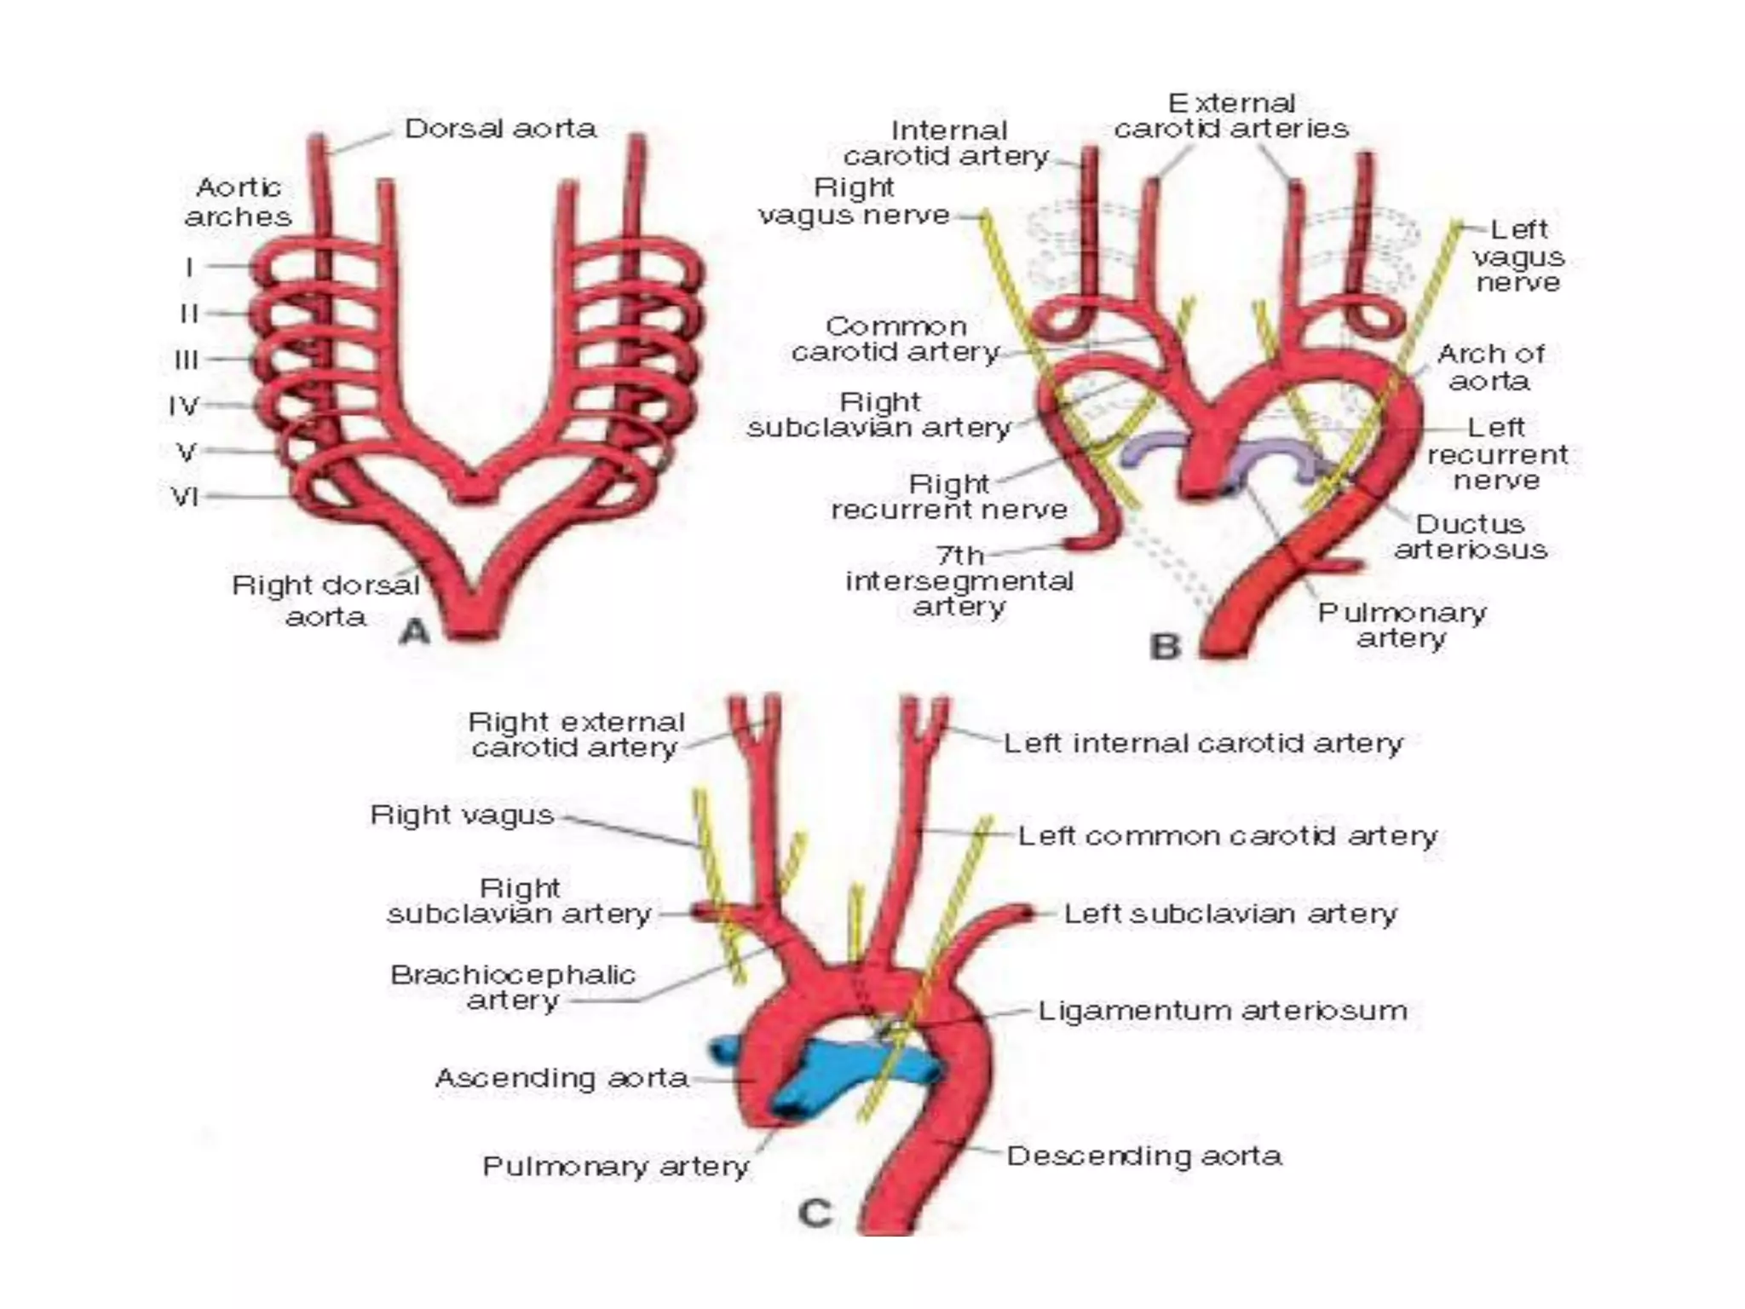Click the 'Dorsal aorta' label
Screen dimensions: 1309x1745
pos(500,129)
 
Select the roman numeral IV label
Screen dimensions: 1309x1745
pos(184,406)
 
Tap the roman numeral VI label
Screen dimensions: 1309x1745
pos(186,495)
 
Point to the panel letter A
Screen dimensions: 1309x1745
pos(415,631)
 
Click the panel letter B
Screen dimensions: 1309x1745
pos(1165,646)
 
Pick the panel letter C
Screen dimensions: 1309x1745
pos(815,1212)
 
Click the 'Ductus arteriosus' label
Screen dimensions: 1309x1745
pos(1470,536)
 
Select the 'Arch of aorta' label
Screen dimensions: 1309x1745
pos(1490,366)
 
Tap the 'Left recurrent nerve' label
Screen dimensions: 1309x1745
pos(1497,453)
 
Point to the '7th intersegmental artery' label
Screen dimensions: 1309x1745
pos(959,580)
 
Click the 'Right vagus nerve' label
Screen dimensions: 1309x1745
pos(854,201)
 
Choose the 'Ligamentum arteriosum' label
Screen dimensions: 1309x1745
pos(1222,1011)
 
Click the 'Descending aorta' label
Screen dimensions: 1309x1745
pos(1143,1156)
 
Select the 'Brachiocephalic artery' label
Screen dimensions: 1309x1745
pos(513,987)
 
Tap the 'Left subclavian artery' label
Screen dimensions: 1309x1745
pos(1230,914)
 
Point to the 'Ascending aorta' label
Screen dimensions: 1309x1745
pos(562,1078)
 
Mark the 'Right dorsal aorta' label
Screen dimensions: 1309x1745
pos(326,600)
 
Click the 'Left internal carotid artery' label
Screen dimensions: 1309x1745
pos(1202,743)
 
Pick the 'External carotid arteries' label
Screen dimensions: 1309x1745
pos(1231,116)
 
